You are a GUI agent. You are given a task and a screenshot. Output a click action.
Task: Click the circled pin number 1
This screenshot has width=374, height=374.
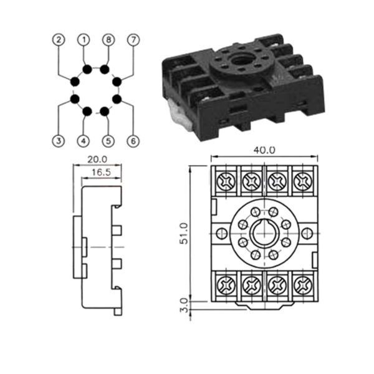coord(83,39)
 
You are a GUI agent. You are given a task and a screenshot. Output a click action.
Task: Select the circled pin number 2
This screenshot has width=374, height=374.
coord(57,39)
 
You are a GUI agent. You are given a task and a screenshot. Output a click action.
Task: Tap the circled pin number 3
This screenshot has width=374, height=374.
coord(57,141)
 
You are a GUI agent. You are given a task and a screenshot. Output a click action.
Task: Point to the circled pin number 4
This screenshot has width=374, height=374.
coord(83,141)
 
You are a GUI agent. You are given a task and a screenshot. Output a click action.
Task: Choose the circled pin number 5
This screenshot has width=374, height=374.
coord(108,141)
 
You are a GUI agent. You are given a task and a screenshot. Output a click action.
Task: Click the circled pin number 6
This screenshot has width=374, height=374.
coord(132,141)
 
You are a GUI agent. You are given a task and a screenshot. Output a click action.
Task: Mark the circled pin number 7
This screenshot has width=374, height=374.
coord(132,39)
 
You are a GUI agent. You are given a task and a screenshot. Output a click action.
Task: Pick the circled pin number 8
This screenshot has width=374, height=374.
coord(108,39)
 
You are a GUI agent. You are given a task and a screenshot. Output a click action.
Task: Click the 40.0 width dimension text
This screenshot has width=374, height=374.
coord(265,150)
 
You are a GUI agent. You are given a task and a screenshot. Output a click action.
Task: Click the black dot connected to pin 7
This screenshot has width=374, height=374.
coord(116,81)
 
